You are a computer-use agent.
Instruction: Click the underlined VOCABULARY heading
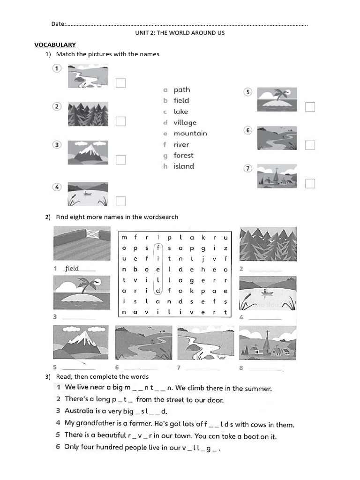point(55,45)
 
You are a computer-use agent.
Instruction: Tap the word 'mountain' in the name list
point(190,134)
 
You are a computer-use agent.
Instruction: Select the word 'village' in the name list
point(185,123)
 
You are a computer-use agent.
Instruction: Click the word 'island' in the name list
point(183,166)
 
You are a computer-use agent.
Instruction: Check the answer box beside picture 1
point(121,83)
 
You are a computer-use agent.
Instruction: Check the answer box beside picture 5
point(310,107)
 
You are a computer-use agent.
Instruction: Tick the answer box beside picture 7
point(310,183)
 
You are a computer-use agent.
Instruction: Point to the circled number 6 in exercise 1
point(248,130)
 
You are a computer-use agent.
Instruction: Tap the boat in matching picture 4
point(87,193)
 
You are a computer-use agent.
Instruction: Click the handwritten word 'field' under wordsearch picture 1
point(72,269)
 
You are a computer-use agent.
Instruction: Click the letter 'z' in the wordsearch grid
point(225,248)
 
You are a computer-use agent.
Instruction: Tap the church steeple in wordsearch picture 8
point(267,339)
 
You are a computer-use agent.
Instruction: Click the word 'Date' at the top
point(58,24)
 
